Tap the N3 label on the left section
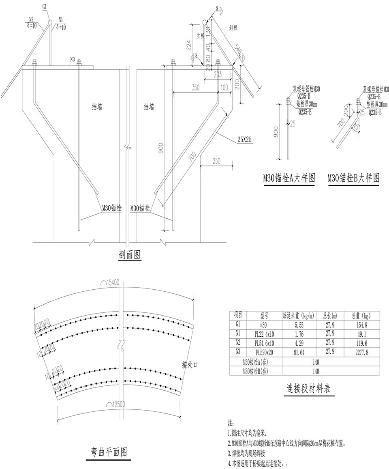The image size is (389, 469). coord(73,58)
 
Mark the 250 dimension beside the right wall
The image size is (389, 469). coord(216,161)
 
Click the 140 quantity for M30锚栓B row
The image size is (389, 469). coord(314,371)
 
